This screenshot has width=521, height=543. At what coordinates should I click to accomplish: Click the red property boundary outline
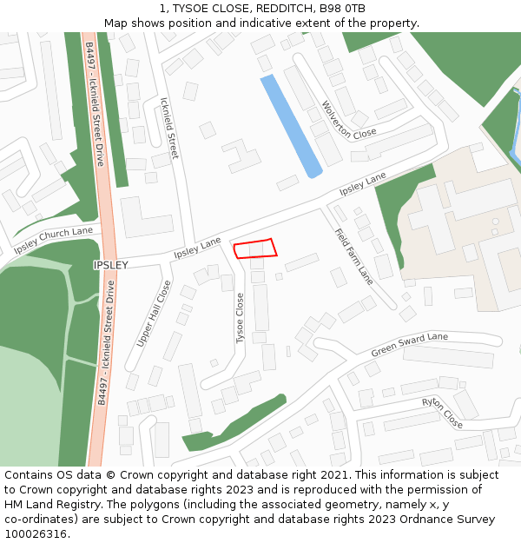click(x=255, y=248)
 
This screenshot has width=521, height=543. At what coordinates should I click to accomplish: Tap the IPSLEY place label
click(x=110, y=264)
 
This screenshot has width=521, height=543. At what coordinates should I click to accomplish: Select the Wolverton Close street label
click(x=349, y=120)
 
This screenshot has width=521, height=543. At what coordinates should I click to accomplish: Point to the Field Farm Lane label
click(x=353, y=256)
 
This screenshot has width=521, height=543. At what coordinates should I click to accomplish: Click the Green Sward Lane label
click(x=409, y=344)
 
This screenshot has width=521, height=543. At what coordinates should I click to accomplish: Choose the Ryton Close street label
click(x=442, y=413)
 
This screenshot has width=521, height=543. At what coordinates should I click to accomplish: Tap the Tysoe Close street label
click(x=241, y=317)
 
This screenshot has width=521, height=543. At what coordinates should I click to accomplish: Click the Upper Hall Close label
click(x=154, y=313)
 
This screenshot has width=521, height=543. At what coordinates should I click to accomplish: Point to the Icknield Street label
click(x=169, y=127)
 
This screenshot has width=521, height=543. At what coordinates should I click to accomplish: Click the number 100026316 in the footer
click(x=35, y=533)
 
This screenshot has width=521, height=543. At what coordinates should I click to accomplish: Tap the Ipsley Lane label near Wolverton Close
click(x=362, y=183)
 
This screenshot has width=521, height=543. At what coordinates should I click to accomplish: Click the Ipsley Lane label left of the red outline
click(x=197, y=248)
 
